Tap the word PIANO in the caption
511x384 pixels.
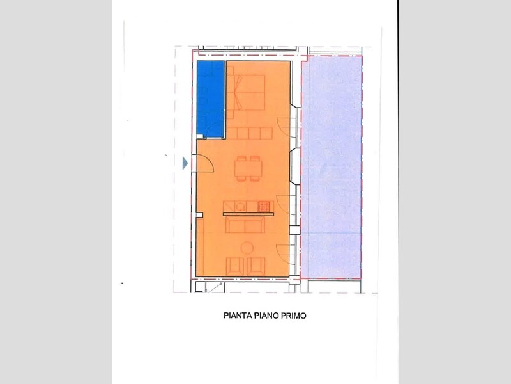[x=265, y=316]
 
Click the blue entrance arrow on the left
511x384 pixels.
[x=185, y=163]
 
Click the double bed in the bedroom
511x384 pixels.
[x=250, y=92]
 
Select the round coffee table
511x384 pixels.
[x=247, y=248]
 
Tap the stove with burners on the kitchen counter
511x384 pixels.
[x=263, y=206]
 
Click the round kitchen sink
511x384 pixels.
[x=241, y=206]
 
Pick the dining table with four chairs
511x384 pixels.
[x=248, y=168]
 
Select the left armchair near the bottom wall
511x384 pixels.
[x=234, y=265]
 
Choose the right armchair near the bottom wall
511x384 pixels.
[x=257, y=265]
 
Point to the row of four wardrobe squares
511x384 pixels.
[x=253, y=133]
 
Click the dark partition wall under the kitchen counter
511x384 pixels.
[x=248, y=214]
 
